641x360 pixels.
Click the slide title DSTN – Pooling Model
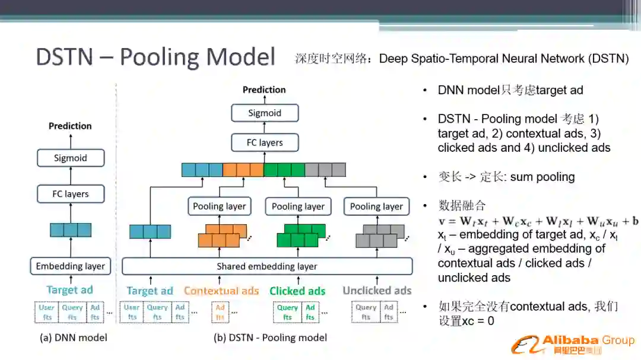click(x=156, y=57)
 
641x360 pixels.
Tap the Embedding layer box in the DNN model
click(x=70, y=266)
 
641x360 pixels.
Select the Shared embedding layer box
click(x=266, y=266)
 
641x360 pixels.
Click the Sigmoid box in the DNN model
click(x=70, y=158)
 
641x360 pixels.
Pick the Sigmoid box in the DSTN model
click(x=264, y=113)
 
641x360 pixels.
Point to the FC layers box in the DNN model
click(x=70, y=194)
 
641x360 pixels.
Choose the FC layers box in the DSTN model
click(x=264, y=142)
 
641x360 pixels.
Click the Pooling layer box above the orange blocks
click(x=219, y=206)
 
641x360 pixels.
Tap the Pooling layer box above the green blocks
click(x=298, y=206)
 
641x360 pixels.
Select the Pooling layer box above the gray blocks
click(x=376, y=206)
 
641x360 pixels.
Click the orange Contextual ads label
click(x=221, y=291)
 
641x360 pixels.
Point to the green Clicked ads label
click(x=297, y=291)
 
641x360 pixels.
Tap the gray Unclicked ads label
click(x=377, y=291)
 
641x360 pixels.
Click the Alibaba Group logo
click(x=573, y=343)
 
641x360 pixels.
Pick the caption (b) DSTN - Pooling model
click(x=270, y=337)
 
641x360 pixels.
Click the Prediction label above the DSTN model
click(x=264, y=90)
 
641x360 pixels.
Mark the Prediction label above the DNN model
click(x=70, y=126)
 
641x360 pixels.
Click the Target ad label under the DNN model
click(x=70, y=290)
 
